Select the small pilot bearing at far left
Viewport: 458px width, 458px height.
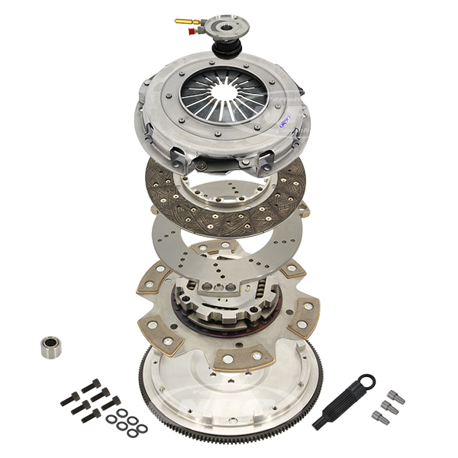[51, 347]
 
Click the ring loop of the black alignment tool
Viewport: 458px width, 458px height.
[367, 382]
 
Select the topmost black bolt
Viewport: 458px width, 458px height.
[92, 386]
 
